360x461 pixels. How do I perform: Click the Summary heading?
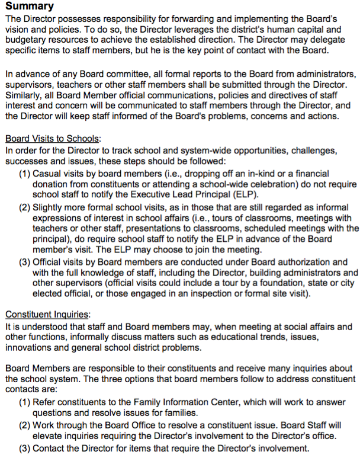coord(30,7)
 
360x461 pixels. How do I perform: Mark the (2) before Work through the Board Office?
coord(24,425)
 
